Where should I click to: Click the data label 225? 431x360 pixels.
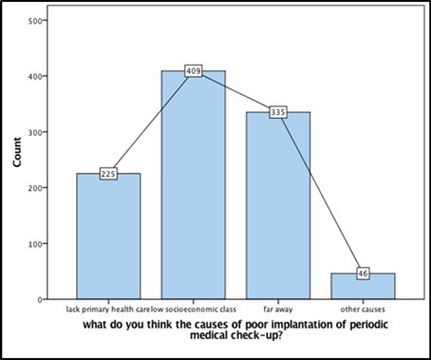coord(108,174)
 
